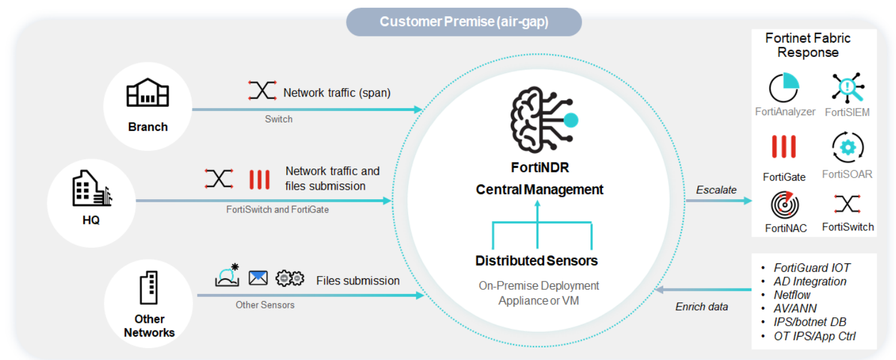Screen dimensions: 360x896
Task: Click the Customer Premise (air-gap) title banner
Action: [463, 22]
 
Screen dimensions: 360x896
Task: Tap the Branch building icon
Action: [147, 94]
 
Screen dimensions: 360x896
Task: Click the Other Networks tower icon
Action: [148, 287]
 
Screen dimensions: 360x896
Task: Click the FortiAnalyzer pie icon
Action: [784, 88]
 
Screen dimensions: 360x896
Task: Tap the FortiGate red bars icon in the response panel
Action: [784, 147]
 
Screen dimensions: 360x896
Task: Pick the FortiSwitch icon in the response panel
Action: [847, 204]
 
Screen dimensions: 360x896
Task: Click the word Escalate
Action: [716, 190]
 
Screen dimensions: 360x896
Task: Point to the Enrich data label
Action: [702, 307]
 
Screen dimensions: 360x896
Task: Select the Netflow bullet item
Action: [792, 295]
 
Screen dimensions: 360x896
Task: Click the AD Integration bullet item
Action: [810, 281]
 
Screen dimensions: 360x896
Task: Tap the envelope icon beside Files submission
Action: [258, 278]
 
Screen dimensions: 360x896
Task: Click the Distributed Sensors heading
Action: [537, 261]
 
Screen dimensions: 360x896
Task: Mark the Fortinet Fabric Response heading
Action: [808, 45]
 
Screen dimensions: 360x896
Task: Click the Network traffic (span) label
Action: [337, 93]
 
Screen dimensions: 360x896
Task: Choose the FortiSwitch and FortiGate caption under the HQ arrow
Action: [277, 210]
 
